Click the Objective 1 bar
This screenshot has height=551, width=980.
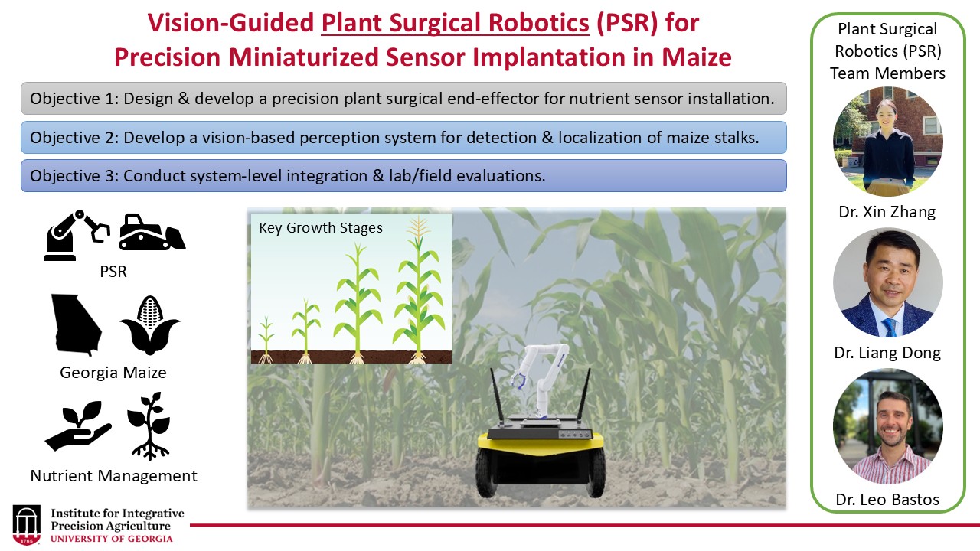click(403, 99)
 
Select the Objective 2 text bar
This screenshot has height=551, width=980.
click(403, 138)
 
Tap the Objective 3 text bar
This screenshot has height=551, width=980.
click(403, 176)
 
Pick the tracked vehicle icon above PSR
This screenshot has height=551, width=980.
click(152, 232)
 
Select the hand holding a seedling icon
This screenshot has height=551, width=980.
click(78, 425)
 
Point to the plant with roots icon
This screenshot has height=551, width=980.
click(149, 425)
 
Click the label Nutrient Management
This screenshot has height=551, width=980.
click(113, 475)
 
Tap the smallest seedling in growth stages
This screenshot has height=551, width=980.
click(266, 337)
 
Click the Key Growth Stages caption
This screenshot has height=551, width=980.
click(321, 227)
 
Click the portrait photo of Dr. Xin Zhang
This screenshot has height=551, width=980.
click(887, 142)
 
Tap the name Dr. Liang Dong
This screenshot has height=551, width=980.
click(887, 353)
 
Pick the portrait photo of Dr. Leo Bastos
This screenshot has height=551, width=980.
click(887, 426)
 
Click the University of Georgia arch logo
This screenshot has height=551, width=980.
click(26, 525)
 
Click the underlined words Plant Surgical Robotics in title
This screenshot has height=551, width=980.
click(454, 24)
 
